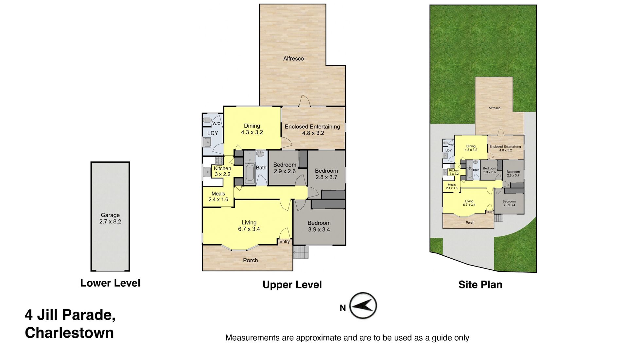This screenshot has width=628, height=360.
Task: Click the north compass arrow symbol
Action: (x=363, y=306)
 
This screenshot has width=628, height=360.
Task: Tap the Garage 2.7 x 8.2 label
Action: (x=110, y=218)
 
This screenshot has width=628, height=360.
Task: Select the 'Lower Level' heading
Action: (x=110, y=283)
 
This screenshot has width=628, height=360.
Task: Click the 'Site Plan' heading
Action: (x=480, y=285)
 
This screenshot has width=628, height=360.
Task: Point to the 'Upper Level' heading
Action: (x=292, y=285)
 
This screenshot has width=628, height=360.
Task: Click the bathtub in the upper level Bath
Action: (x=250, y=173)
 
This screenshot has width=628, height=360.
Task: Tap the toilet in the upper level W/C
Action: (x=207, y=120)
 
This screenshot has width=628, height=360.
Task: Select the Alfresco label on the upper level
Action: (x=293, y=59)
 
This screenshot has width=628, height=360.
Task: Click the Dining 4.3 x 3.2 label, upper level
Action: (x=252, y=129)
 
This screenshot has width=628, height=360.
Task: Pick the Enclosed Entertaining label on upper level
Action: (x=312, y=130)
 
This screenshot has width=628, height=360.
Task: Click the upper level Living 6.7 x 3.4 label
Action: (x=249, y=226)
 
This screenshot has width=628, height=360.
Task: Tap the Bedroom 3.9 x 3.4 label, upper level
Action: (x=319, y=226)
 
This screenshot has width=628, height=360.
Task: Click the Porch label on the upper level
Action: (x=250, y=260)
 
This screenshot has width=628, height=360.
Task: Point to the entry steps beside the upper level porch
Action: (x=301, y=252)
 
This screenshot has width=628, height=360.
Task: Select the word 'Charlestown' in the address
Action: (x=69, y=333)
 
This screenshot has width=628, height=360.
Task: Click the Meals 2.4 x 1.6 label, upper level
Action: (x=218, y=197)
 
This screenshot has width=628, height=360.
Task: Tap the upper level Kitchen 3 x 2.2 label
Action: (x=222, y=171)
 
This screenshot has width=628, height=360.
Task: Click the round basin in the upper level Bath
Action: (x=260, y=153)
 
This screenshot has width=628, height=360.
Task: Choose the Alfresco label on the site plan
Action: (x=494, y=108)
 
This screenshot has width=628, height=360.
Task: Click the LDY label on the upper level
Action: (x=213, y=133)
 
